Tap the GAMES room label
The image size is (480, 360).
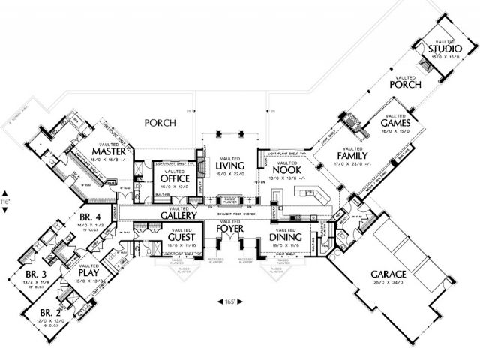394,121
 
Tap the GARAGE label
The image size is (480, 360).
388,274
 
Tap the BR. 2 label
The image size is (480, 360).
51,312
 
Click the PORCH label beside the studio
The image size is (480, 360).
406,85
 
